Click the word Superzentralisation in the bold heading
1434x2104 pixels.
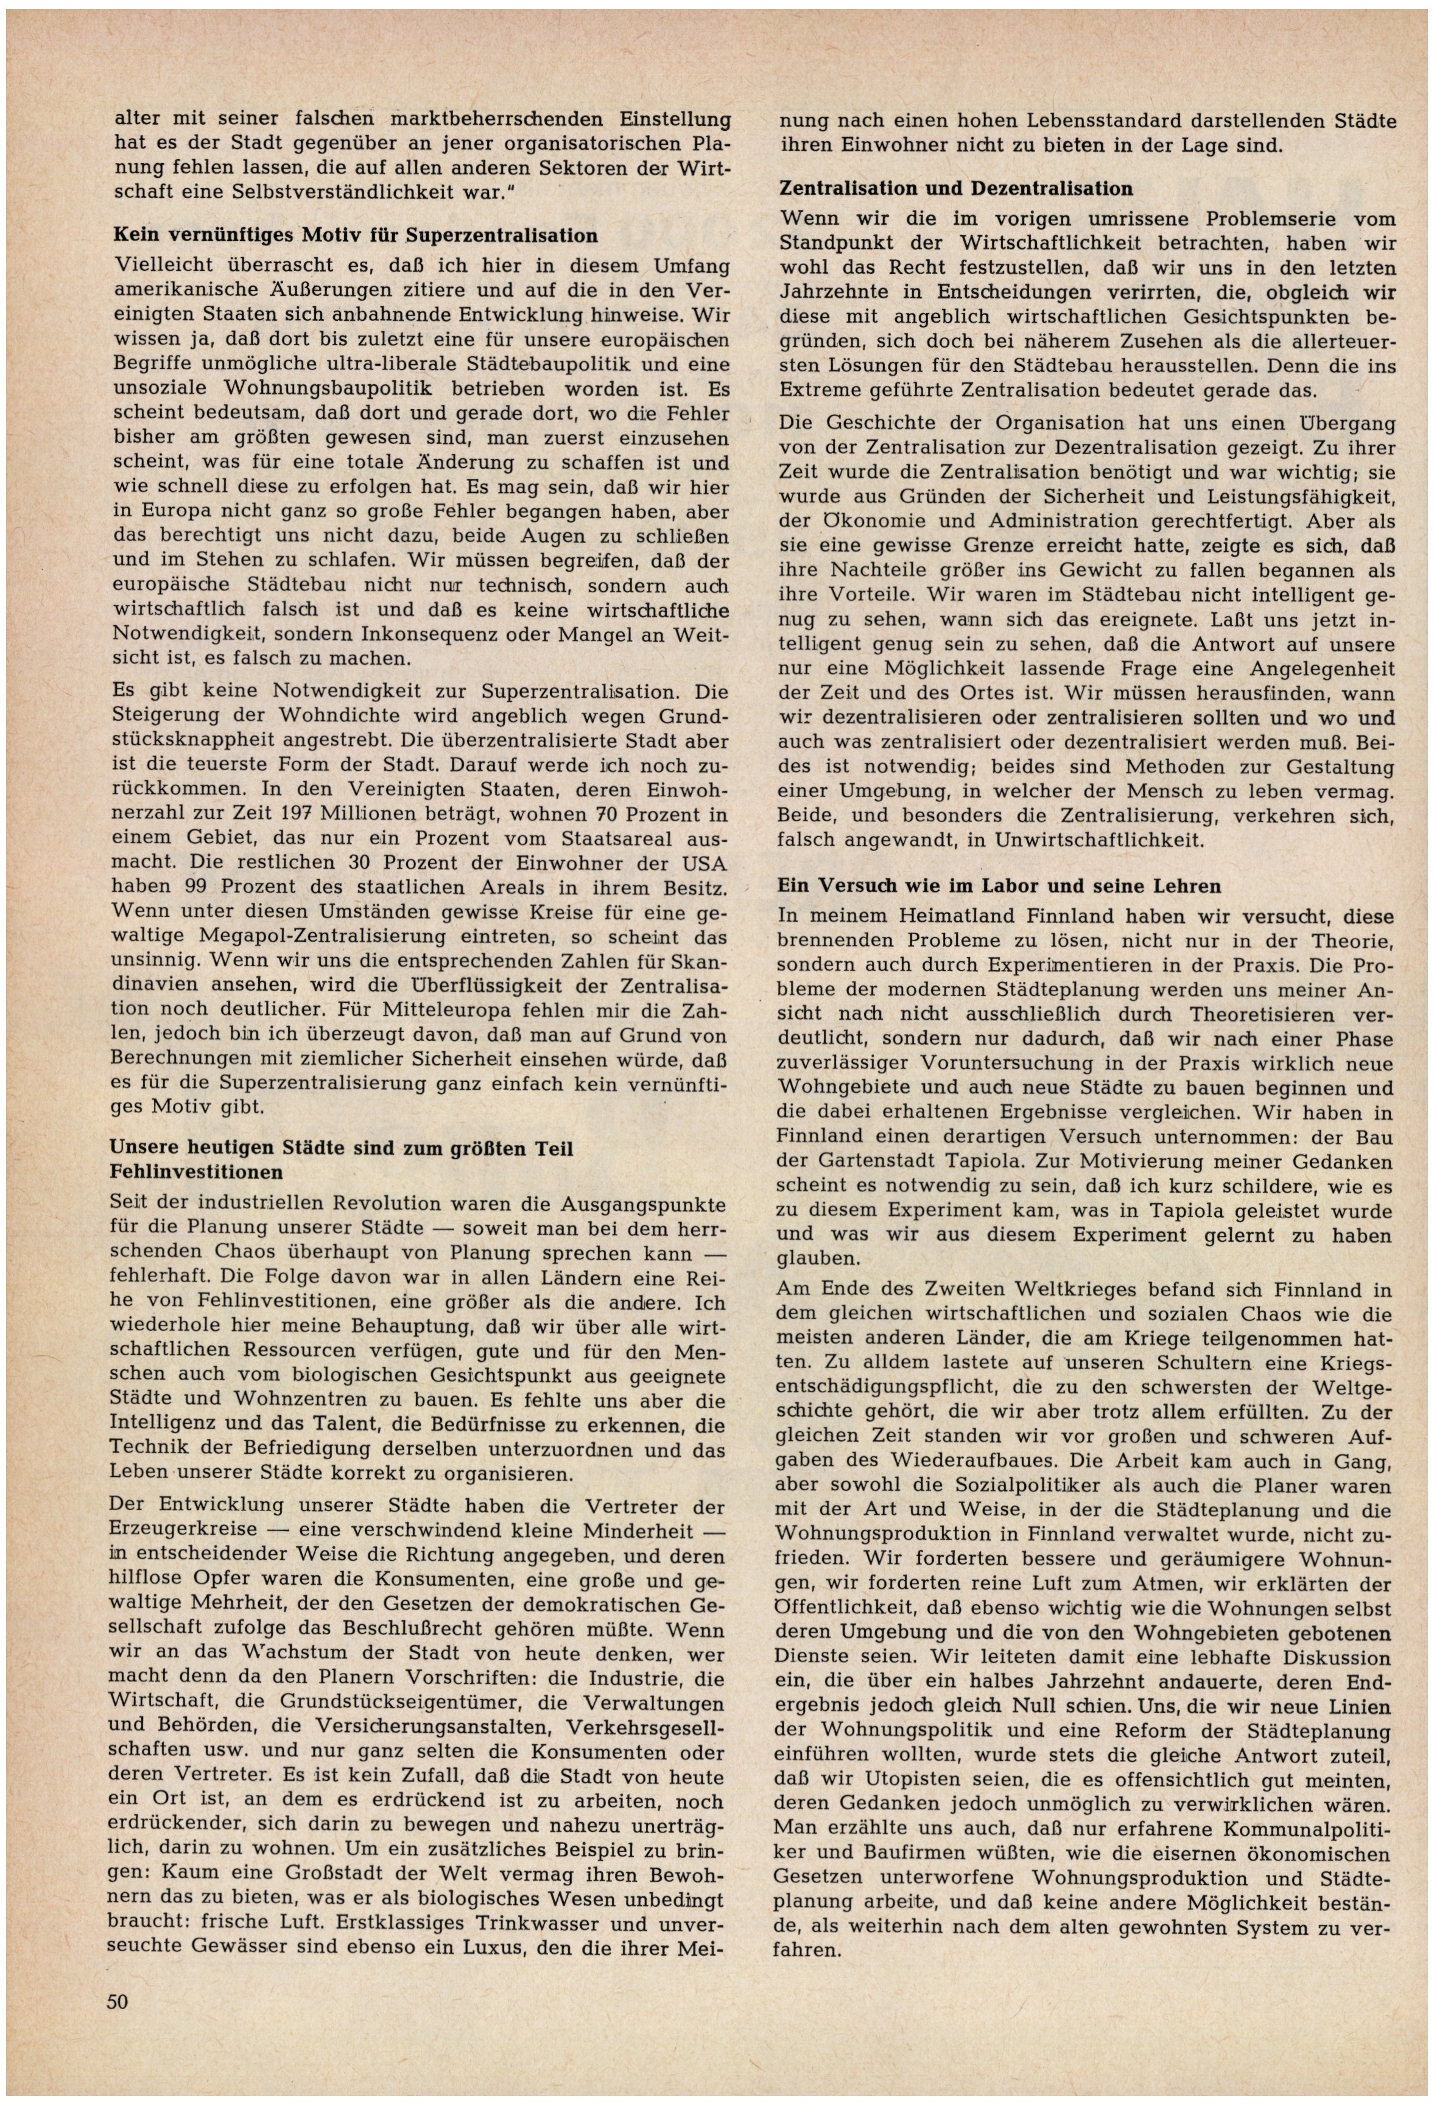502,236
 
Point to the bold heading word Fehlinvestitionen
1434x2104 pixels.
197,1171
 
